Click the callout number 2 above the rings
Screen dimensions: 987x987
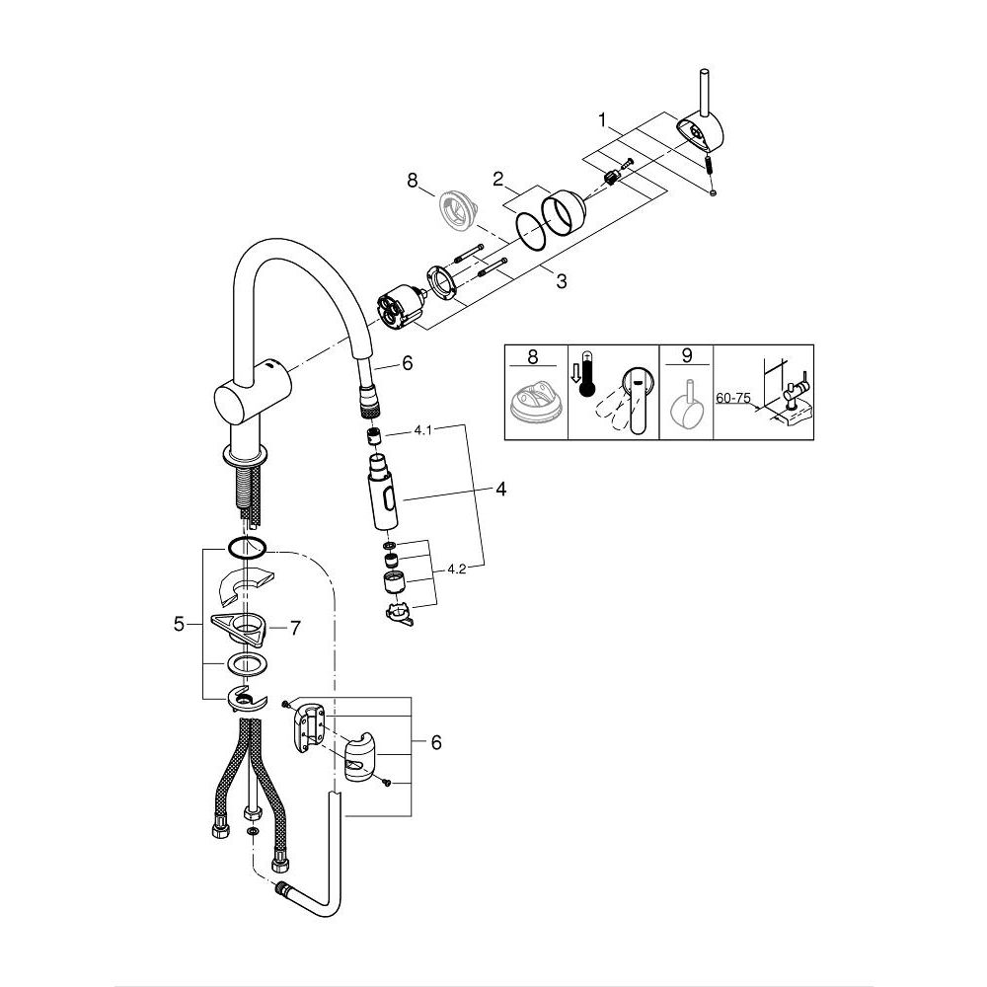499,180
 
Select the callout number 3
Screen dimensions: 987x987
561,281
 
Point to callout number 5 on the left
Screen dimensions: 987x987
179,623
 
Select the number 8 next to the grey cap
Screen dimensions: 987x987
413,181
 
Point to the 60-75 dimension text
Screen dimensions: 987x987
731,398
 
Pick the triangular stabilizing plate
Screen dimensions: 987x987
240,624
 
